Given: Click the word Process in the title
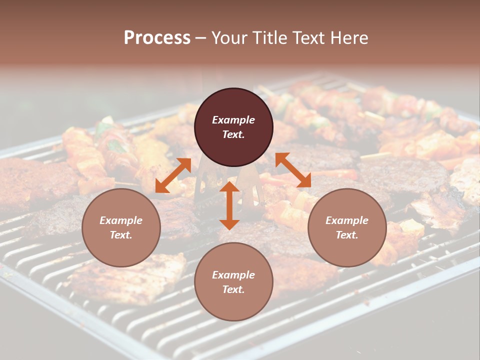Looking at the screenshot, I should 157,38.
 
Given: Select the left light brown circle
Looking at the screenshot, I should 121,227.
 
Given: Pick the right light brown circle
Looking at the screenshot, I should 347,227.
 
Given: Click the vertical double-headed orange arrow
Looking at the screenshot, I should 229,205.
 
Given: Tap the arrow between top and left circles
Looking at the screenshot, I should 173,175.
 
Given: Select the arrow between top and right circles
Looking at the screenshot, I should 293,170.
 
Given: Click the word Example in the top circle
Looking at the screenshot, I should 233,120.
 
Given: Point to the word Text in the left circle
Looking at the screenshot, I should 121,235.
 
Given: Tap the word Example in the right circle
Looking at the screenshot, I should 347,220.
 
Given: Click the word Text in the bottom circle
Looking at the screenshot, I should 233,289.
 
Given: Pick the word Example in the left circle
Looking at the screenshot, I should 121,220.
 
